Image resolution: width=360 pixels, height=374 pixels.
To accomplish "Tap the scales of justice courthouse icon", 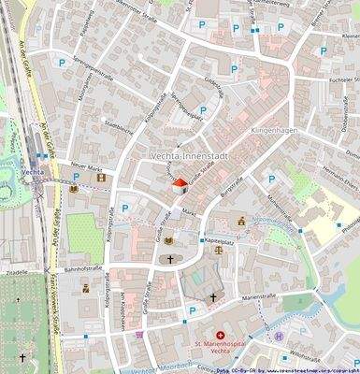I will (x=219, y=250).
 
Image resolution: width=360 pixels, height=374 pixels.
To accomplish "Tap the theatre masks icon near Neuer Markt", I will (x=101, y=178).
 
